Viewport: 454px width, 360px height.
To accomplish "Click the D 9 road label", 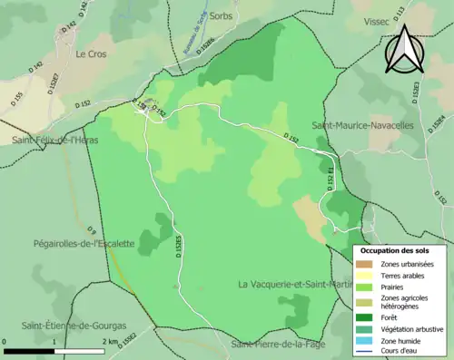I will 91,227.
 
